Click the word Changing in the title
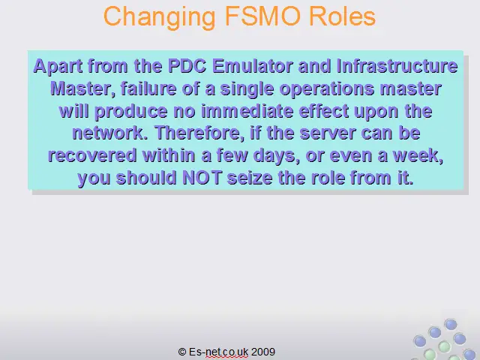click(x=160, y=17)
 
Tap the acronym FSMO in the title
click(x=262, y=16)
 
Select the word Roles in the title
click(x=342, y=16)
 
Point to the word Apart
click(x=58, y=67)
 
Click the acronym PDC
click(x=187, y=66)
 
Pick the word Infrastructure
click(x=397, y=66)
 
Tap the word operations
click(x=327, y=89)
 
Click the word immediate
click(x=247, y=111)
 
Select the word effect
click(x=323, y=111)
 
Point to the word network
click(x=110, y=133)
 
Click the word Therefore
click(x=199, y=133)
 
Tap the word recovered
click(x=92, y=155)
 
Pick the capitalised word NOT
click(x=202, y=178)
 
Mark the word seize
click(x=250, y=178)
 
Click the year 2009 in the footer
click(x=263, y=352)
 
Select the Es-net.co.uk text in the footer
click(x=218, y=352)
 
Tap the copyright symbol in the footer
click(x=182, y=352)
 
